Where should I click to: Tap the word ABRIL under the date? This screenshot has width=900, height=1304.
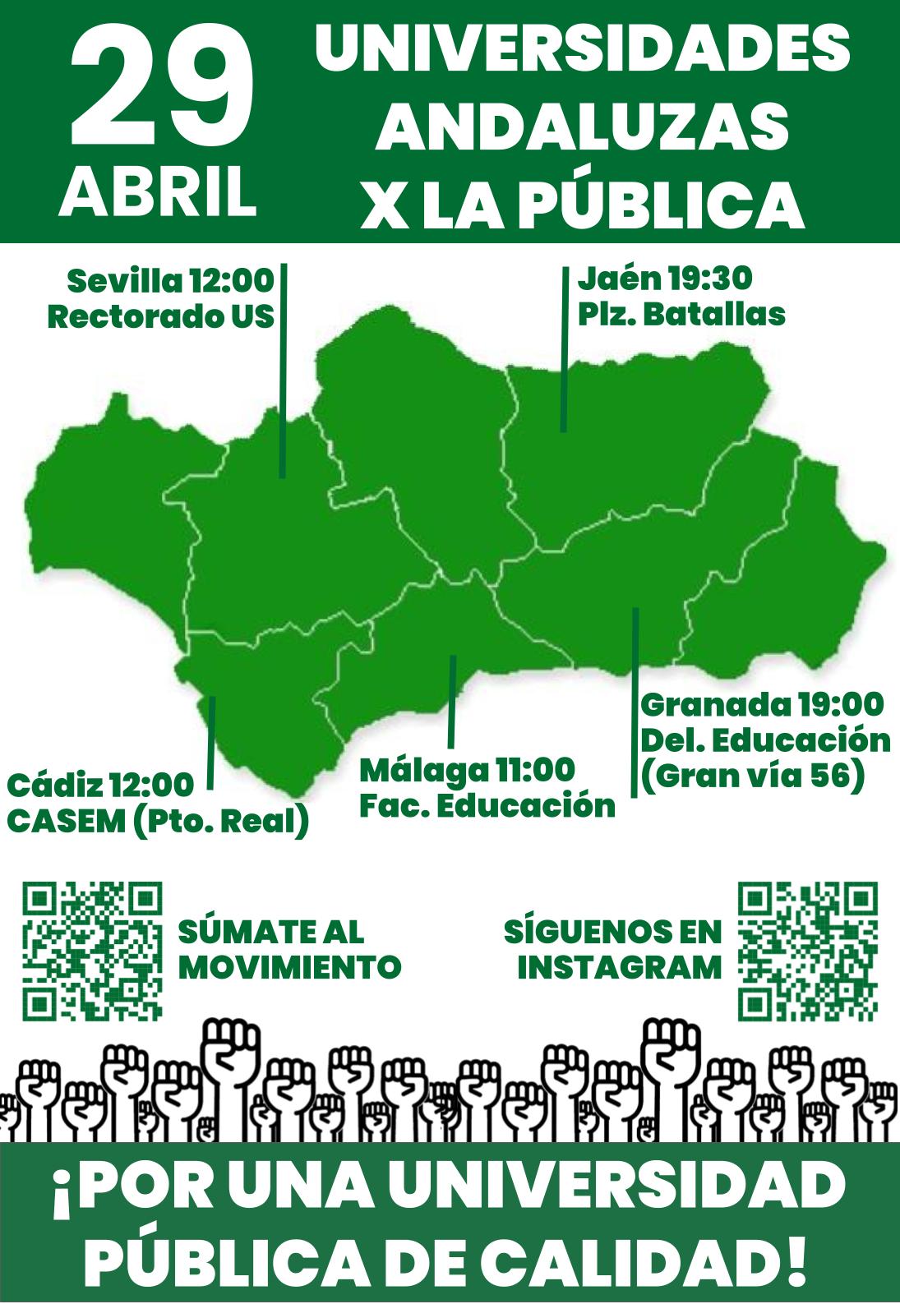[x=157, y=191]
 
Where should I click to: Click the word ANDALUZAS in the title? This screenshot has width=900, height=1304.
[x=582, y=127]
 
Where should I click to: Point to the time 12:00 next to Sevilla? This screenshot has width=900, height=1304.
[x=232, y=281]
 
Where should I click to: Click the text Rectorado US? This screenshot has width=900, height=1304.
[x=161, y=316]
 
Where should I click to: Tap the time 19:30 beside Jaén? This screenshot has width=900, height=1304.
[x=709, y=279]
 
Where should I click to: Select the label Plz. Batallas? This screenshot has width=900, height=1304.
[x=681, y=314]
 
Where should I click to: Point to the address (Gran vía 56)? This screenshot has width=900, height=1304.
[x=752, y=775]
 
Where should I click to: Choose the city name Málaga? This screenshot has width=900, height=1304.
[x=423, y=770]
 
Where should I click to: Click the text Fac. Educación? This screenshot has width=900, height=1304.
[x=487, y=805]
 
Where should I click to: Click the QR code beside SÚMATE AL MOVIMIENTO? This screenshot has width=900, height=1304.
[x=91, y=950]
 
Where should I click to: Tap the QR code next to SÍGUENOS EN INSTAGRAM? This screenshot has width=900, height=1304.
[x=808, y=950]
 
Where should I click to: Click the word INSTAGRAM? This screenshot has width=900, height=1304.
[x=619, y=967]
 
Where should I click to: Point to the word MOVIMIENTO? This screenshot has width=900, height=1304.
[x=289, y=967]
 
